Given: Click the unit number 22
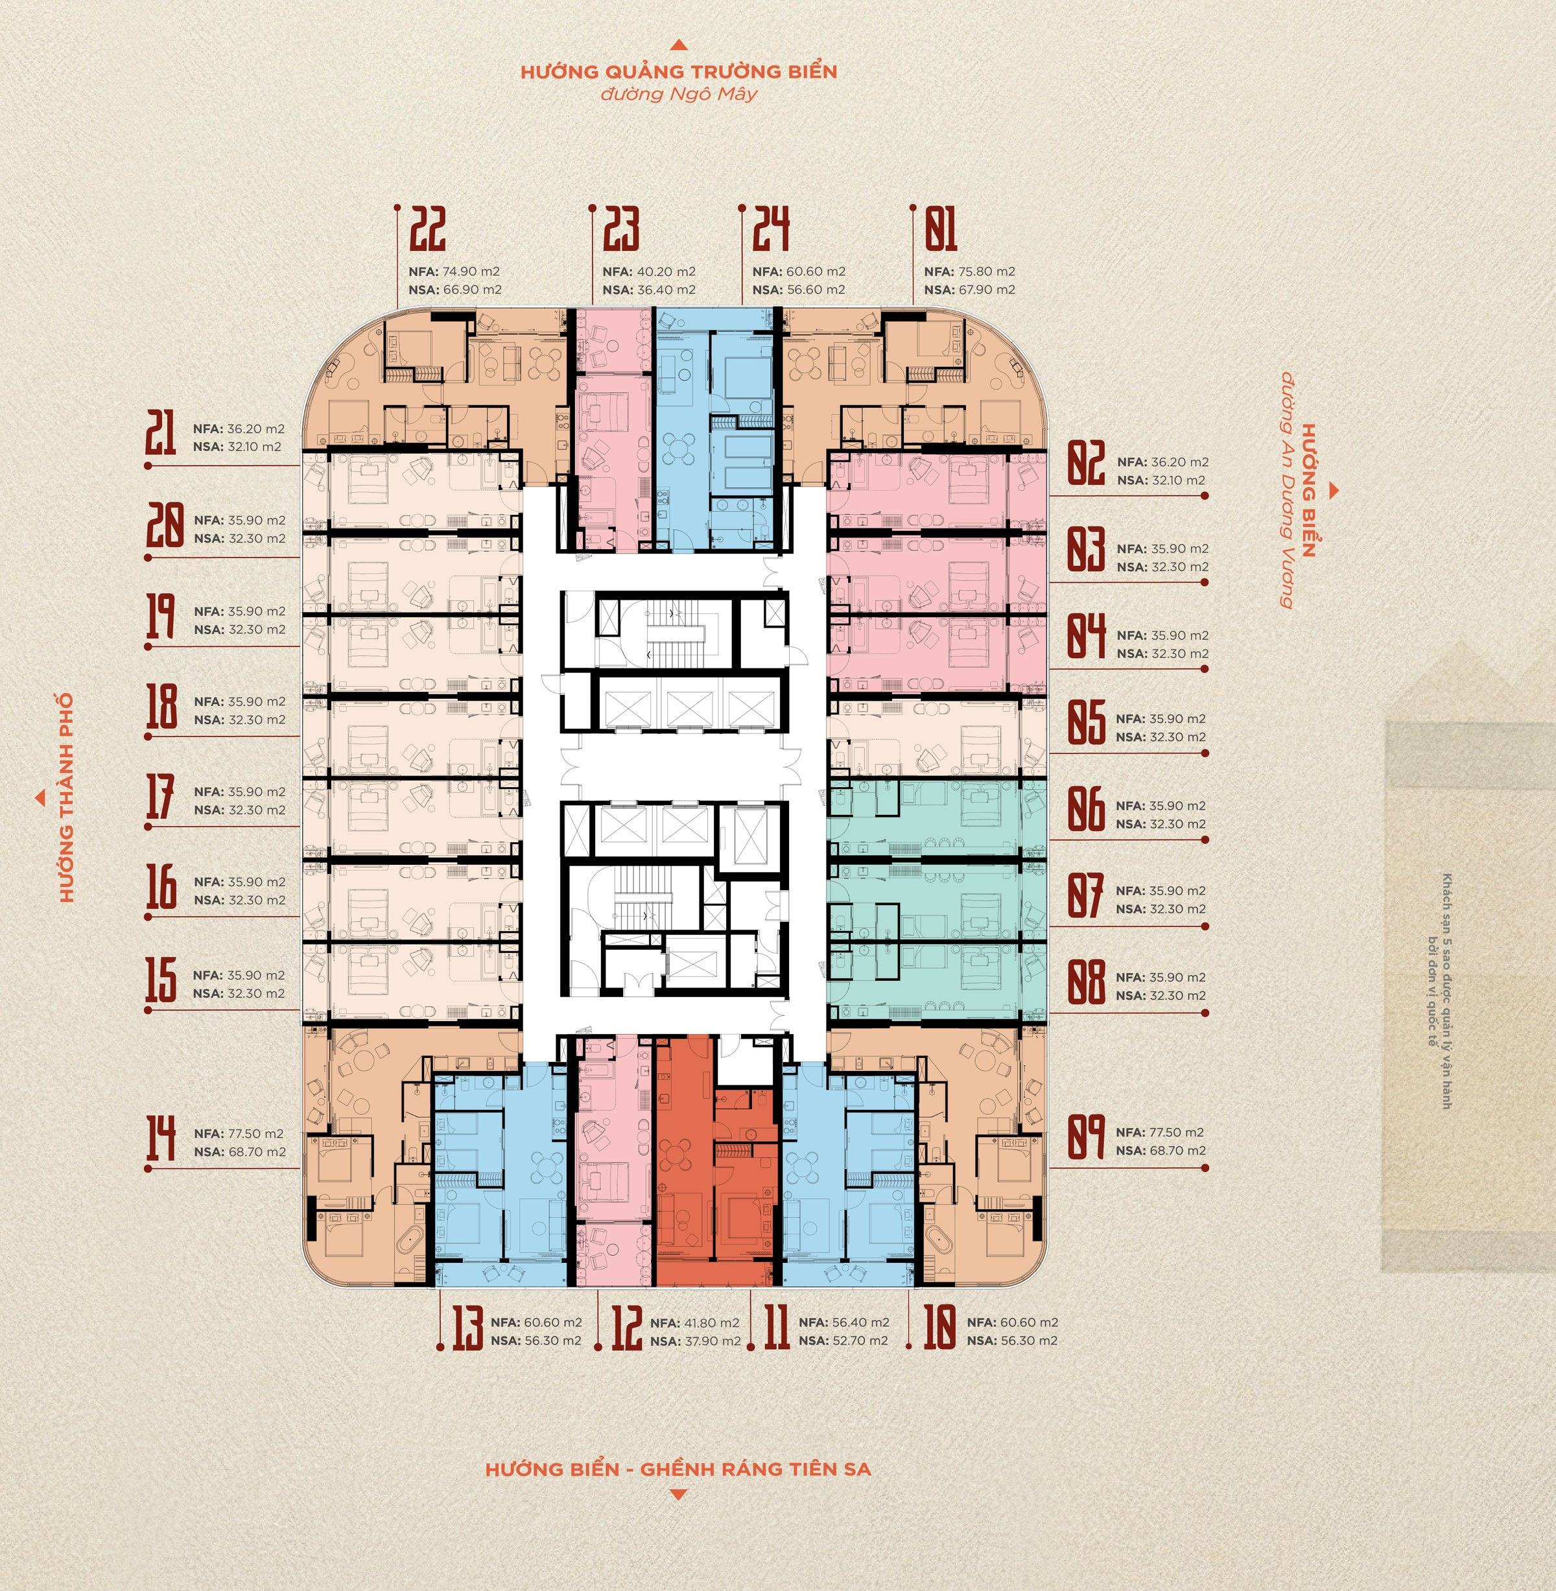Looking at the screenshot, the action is coord(429,230).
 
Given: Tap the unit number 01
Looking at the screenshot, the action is coord(940,230).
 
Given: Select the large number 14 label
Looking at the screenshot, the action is coord(160,1142).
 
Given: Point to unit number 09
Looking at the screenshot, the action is coord(1086,1142).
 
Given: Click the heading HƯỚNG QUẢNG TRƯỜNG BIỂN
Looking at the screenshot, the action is coord(678,72).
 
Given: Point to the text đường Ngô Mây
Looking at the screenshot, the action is coord(678,95).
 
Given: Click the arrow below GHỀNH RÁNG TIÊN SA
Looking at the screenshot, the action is coord(678,1496).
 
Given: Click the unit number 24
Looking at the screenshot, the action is coord(771,230).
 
